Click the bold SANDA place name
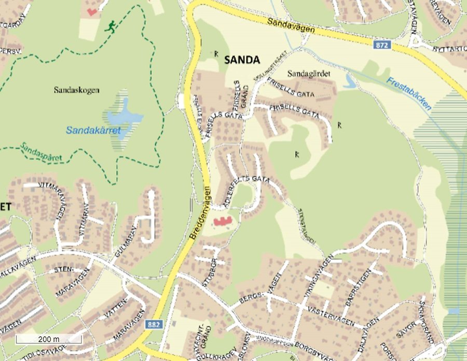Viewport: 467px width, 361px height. coord(242,60)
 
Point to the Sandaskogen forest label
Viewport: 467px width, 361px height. coord(76,90)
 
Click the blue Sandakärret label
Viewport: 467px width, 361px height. coord(93,131)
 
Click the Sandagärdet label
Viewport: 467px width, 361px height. coord(308,73)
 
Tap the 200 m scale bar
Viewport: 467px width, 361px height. coord(48,339)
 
